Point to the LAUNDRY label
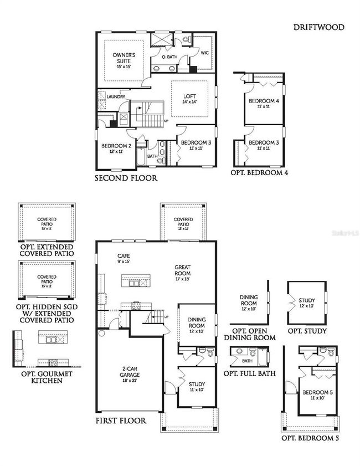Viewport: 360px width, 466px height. pyautogui.click(x=116, y=96)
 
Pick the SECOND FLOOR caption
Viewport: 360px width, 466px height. pyautogui.click(x=126, y=178)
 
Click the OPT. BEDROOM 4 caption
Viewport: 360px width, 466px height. pyautogui.click(x=259, y=173)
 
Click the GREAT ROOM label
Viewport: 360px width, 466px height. pyautogui.click(x=182, y=270)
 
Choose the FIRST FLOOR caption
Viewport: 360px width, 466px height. pyautogui.click(x=121, y=421)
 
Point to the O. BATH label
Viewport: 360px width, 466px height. pyautogui.click(x=169, y=57)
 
